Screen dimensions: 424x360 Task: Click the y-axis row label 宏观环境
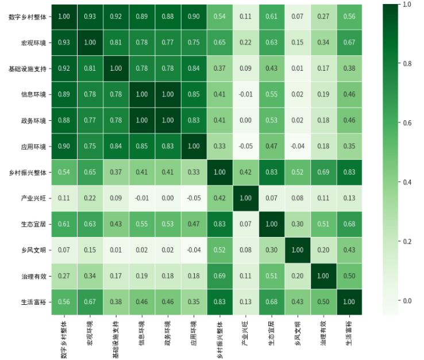point(33,43)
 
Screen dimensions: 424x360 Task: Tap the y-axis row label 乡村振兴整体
point(28,173)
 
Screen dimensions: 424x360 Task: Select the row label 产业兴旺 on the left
point(33,198)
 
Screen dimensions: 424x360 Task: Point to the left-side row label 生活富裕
point(33,302)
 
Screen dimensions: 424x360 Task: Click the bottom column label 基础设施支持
point(115,339)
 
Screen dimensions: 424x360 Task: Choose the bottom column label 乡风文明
point(298,334)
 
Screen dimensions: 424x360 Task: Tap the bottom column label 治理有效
point(323,334)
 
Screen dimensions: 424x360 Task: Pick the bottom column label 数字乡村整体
point(64,340)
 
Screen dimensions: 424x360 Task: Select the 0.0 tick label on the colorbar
point(407,301)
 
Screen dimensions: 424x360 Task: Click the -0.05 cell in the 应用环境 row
point(245,147)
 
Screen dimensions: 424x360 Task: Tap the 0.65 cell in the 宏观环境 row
point(219,43)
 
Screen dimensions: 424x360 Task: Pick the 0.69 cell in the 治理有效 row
point(219,276)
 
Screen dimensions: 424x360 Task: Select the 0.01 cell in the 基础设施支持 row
point(298,68)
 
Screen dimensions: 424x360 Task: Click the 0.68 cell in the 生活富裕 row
point(272,302)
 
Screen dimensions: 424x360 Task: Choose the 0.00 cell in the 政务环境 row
point(245,120)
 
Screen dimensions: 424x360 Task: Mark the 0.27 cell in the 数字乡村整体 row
point(323,17)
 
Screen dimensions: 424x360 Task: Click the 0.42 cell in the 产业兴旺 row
point(219,198)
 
